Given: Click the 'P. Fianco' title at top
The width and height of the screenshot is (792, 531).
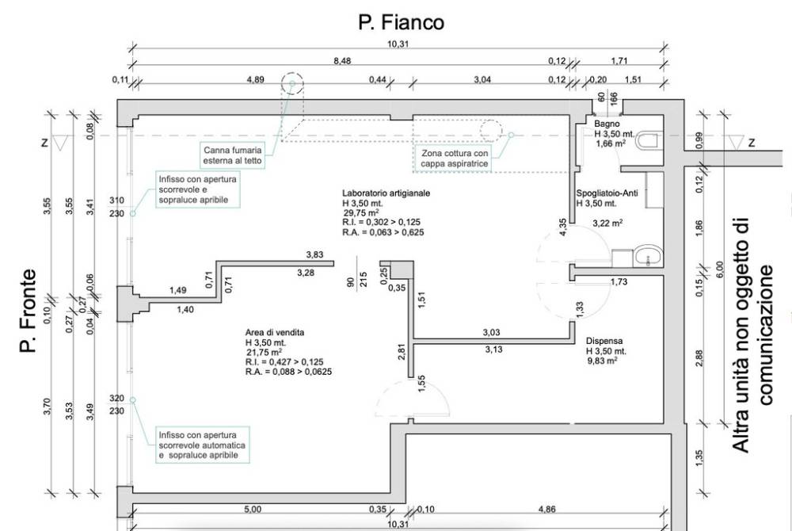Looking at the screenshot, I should tap(402, 22).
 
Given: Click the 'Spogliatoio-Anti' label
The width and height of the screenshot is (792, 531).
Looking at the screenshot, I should tap(607, 193).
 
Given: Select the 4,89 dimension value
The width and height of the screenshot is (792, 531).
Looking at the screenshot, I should tap(256, 79).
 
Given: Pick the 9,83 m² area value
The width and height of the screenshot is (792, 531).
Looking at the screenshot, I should tap(602, 360).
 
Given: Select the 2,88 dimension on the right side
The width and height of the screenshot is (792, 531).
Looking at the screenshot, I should tap(699, 358).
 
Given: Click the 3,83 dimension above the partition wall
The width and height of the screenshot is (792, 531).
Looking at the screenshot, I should tap(315, 254).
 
